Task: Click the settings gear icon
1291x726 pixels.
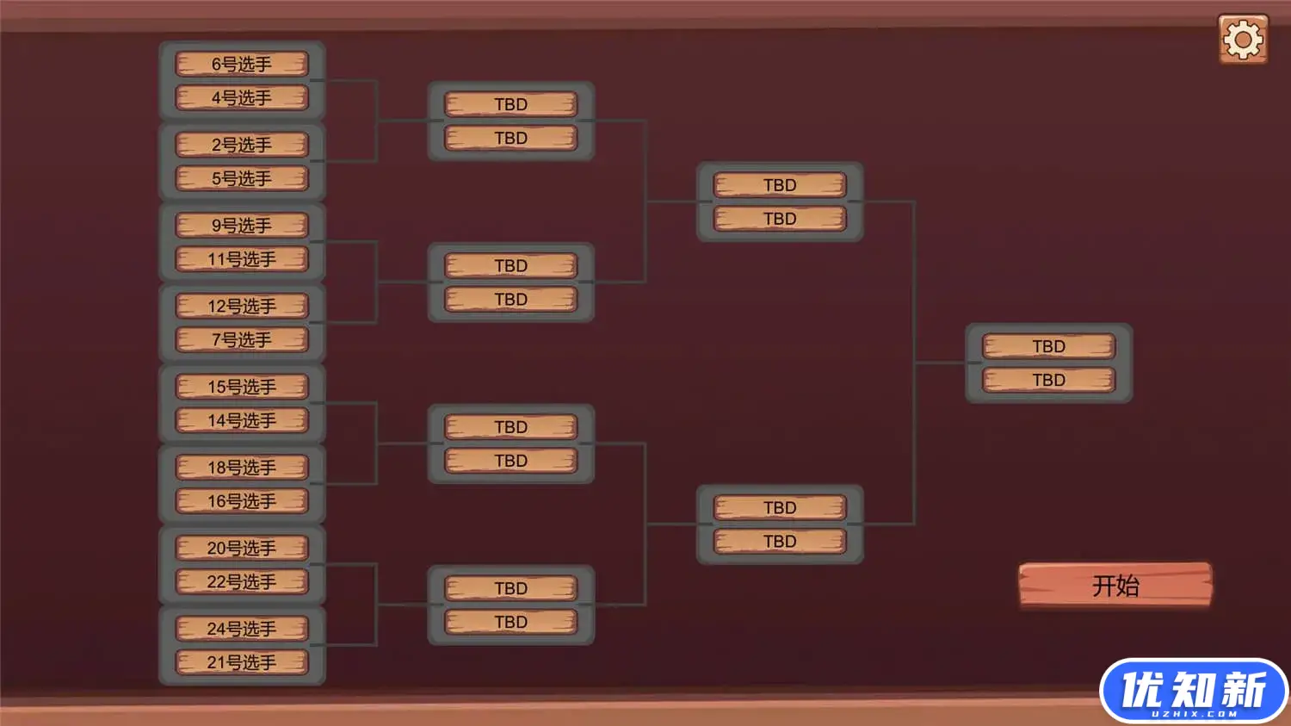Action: click(x=1243, y=40)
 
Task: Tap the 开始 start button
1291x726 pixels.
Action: click(x=1115, y=586)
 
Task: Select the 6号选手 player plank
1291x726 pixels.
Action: click(x=242, y=64)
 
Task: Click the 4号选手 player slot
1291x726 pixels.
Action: click(x=242, y=97)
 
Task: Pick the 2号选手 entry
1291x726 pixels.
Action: click(x=242, y=145)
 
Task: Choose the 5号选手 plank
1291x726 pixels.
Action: click(x=242, y=178)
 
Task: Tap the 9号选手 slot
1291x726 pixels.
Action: click(x=242, y=225)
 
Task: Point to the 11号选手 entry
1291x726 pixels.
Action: click(x=242, y=259)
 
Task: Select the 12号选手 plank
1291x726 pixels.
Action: click(x=242, y=306)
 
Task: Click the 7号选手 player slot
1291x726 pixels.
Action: click(x=242, y=339)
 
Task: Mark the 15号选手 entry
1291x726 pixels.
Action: click(x=242, y=387)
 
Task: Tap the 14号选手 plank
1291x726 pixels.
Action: click(x=242, y=420)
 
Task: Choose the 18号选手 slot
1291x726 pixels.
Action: click(x=242, y=467)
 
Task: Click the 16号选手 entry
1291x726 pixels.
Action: click(x=242, y=501)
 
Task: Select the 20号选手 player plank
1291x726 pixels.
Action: click(x=242, y=548)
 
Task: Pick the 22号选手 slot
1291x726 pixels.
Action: click(x=242, y=581)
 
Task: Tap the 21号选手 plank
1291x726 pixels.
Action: click(x=242, y=662)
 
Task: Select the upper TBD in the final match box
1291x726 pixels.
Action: click(x=1048, y=346)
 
